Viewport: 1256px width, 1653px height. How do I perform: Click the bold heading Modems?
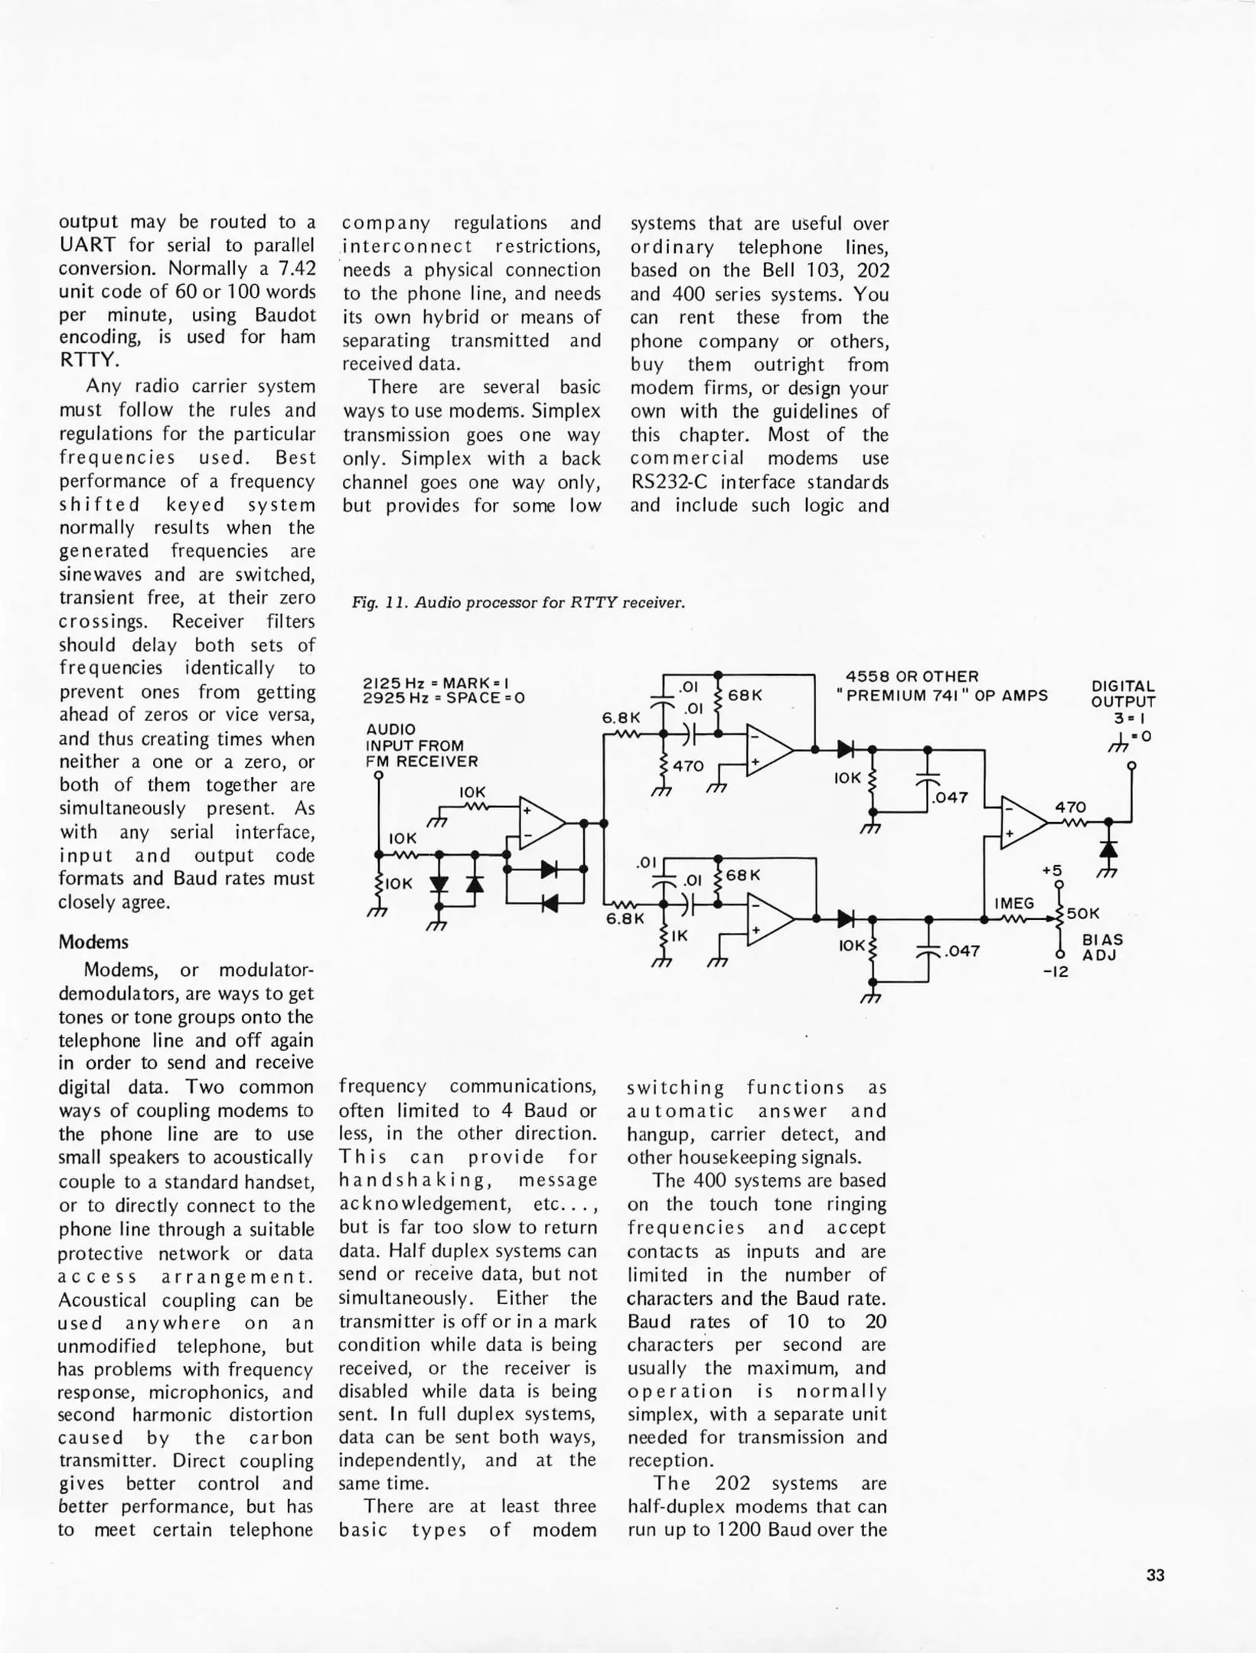(x=93, y=942)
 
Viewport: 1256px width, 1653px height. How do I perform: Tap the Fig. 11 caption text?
(x=518, y=602)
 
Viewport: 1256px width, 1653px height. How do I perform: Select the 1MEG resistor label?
(x=1014, y=904)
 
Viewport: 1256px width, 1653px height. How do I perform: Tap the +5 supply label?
(x=1052, y=871)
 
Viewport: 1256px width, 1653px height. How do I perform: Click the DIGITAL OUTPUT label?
(x=1123, y=693)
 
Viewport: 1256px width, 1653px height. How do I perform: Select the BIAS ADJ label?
(x=1102, y=947)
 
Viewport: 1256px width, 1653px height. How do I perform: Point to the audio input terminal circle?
(x=378, y=774)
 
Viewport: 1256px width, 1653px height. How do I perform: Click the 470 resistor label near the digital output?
(x=1070, y=807)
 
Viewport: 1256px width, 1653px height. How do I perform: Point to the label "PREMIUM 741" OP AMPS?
(x=942, y=696)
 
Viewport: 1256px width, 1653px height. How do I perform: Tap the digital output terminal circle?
(x=1131, y=765)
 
